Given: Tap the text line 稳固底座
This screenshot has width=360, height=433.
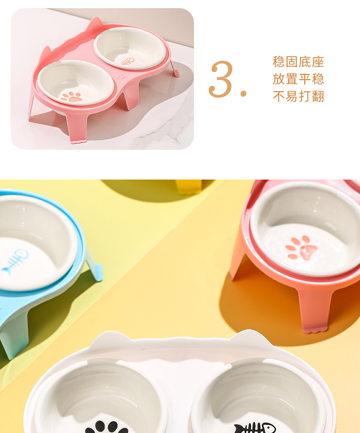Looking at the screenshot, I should tap(298, 62).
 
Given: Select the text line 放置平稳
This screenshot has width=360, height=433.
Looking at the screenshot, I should tap(298, 79).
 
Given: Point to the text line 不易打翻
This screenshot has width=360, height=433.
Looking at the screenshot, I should tap(298, 96).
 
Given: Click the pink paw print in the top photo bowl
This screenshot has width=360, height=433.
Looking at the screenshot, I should tap(71, 96).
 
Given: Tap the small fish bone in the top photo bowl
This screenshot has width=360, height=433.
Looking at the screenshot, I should tap(127, 62).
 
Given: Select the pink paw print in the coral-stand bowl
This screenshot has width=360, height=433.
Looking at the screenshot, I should tap(302, 248).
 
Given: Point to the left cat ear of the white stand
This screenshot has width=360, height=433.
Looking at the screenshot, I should tap(109, 339).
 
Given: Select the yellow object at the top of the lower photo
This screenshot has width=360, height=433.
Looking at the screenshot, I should tap(189, 187).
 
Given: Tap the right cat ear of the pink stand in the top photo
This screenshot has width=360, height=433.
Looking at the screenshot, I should tap(96, 23).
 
